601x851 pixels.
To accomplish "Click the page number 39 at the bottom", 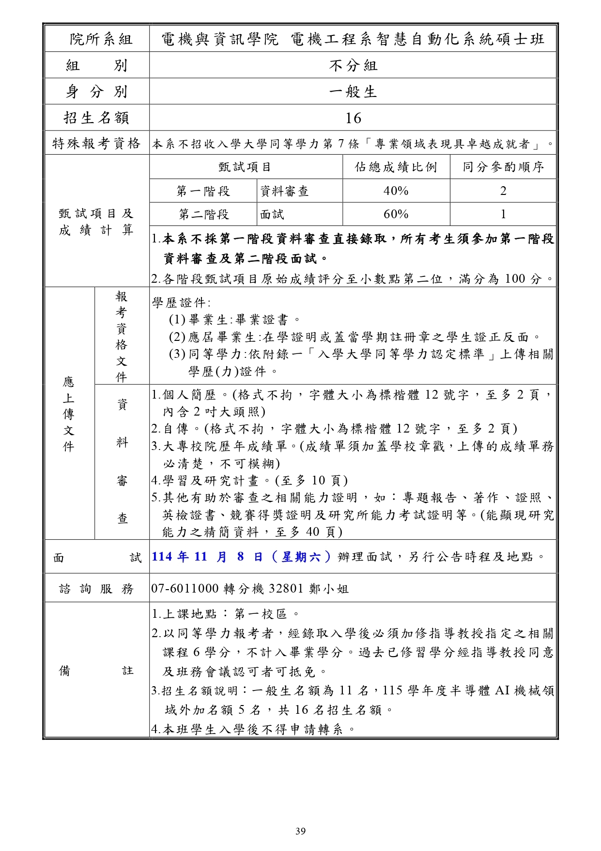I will (300, 831).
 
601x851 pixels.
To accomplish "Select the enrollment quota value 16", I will (353, 118).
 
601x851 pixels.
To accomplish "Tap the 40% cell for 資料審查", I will (396, 191).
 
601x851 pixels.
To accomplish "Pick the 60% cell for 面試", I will (396, 214).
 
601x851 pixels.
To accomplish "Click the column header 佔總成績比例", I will (396, 167).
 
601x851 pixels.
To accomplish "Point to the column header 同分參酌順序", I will (503, 167).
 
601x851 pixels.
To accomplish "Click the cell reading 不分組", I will (353, 65).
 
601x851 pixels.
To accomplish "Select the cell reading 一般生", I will (353, 92).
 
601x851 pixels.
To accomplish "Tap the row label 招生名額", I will (97, 118).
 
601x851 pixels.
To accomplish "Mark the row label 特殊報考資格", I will (97, 144).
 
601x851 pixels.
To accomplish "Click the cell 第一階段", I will (203, 191).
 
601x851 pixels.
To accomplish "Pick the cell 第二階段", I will (203, 214).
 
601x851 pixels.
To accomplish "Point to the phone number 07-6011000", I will (185, 589).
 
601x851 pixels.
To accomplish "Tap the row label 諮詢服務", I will (97, 589).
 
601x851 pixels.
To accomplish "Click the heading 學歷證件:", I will (181, 303).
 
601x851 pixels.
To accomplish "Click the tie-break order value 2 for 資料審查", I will (503, 191).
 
